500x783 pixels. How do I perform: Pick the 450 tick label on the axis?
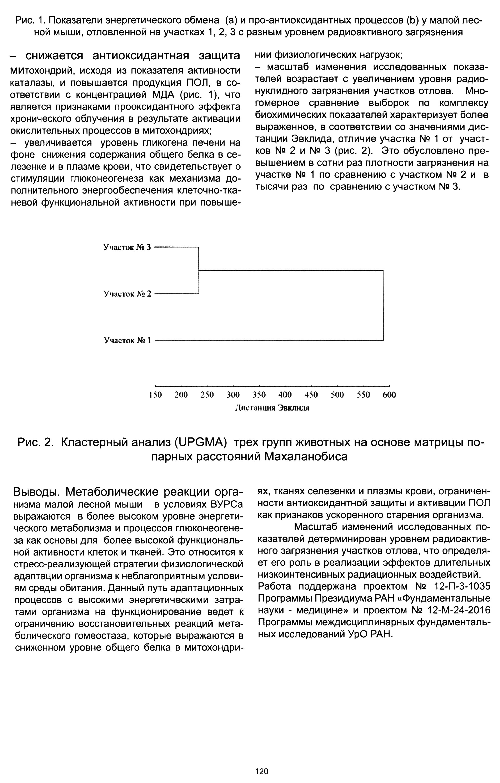311,395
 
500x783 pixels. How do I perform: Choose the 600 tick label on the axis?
389,395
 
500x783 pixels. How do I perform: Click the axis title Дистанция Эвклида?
272,408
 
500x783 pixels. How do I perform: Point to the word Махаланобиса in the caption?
306,457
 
